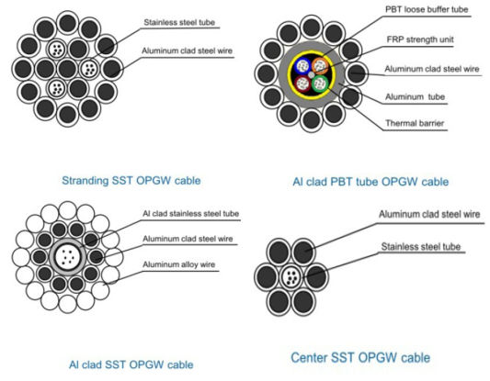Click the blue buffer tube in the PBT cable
(x=302, y=66)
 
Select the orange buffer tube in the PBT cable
(x=319, y=65)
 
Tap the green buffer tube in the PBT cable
(x=320, y=84)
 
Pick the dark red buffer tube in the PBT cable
(x=302, y=84)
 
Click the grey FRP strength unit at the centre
(x=312, y=75)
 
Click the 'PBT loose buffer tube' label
(x=427, y=9)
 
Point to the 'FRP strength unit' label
(x=420, y=39)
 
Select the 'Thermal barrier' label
(x=415, y=123)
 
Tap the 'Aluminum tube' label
(x=415, y=96)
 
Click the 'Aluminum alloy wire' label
(x=178, y=264)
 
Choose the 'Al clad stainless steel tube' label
(x=190, y=214)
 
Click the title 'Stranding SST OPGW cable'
(x=131, y=181)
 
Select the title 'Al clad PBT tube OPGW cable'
(x=370, y=182)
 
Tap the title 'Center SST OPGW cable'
(x=360, y=358)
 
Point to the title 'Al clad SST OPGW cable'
(x=131, y=364)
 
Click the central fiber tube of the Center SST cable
(x=291, y=276)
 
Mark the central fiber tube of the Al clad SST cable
(x=68, y=257)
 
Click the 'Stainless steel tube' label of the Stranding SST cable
(x=179, y=22)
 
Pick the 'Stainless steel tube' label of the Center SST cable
(x=421, y=247)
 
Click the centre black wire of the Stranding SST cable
(x=67, y=69)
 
